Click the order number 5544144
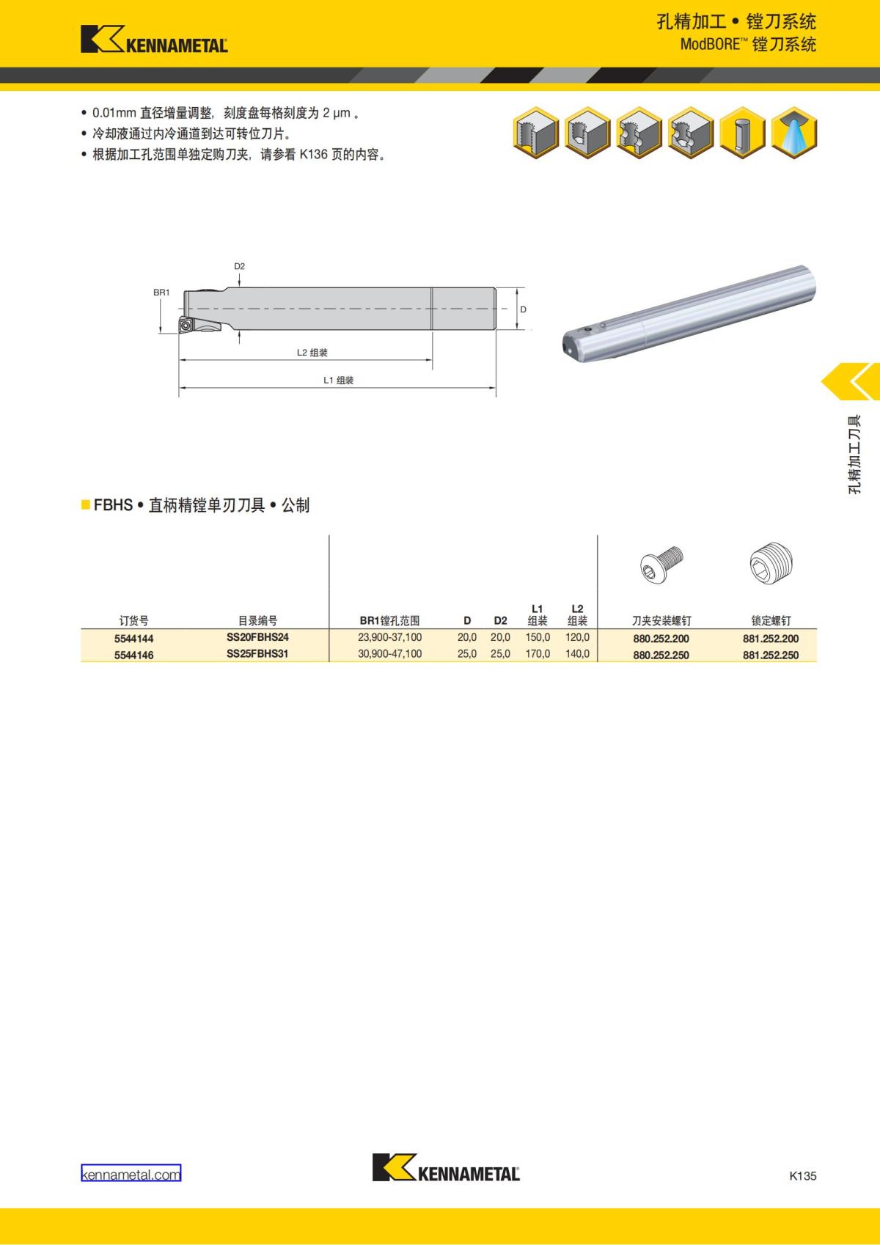coord(134,639)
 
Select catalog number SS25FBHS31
coord(257,653)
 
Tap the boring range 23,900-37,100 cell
coord(389,637)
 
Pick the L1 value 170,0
coord(538,653)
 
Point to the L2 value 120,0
coord(578,637)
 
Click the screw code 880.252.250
coord(661,655)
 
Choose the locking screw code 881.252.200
coord(771,639)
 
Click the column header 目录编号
coord(257,621)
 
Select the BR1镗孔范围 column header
coord(389,621)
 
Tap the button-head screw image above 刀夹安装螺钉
coord(661,564)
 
